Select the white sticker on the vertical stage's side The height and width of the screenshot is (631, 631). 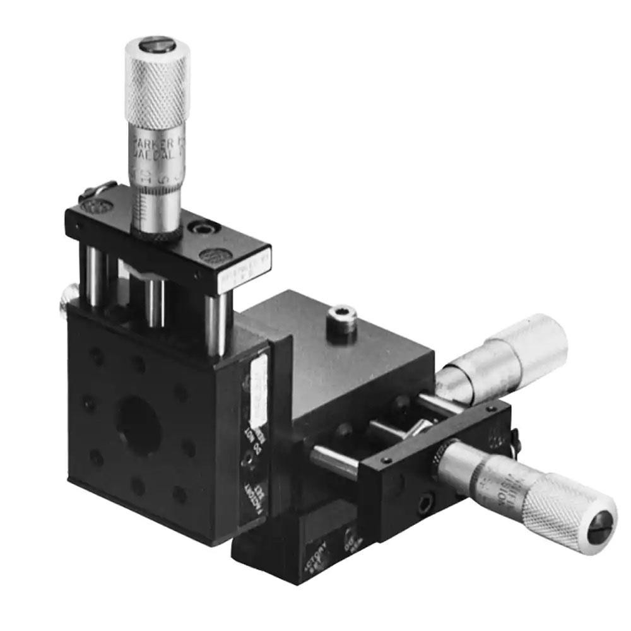[259, 391]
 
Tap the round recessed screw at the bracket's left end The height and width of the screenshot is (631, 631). [95, 207]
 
